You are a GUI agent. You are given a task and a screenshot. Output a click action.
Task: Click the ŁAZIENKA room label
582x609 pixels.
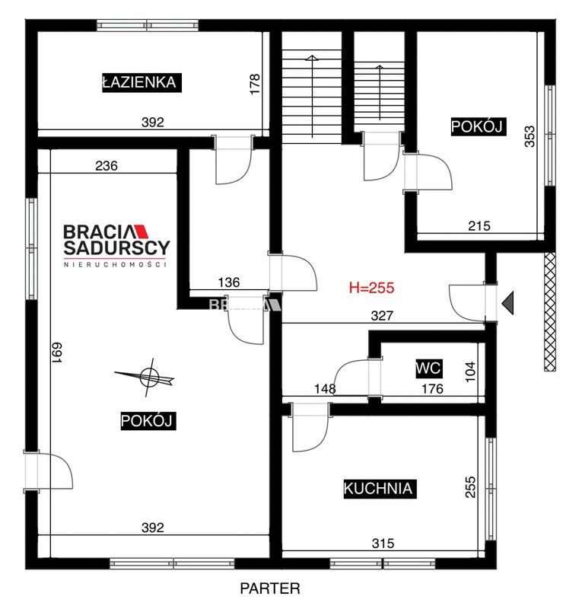(x=142, y=82)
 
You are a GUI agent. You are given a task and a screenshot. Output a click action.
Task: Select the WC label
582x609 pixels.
(x=428, y=368)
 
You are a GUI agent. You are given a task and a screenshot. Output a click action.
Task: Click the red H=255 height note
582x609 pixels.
(x=371, y=288)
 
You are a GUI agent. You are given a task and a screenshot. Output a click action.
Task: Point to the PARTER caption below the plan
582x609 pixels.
(x=270, y=588)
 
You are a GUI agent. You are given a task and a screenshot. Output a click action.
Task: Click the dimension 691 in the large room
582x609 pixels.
(x=57, y=352)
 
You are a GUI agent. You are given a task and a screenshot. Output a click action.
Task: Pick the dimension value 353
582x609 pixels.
(x=530, y=136)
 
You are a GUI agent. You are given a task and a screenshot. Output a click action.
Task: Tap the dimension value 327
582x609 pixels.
(x=382, y=316)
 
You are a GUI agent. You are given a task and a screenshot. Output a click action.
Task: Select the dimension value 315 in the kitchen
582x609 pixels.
(x=383, y=544)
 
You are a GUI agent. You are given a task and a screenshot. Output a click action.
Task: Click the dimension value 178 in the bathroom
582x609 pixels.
(x=255, y=84)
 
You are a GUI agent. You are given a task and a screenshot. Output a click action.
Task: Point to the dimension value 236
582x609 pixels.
(x=107, y=166)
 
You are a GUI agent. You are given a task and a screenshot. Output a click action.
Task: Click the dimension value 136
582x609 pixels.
(x=229, y=282)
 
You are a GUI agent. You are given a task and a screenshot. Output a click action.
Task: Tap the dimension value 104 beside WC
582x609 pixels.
(x=470, y=371)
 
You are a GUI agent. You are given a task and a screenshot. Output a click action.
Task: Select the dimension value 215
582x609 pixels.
(x=479, y=225)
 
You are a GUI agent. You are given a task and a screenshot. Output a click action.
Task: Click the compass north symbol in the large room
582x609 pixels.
(x=145, y=377)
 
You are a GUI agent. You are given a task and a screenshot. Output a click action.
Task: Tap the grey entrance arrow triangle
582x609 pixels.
(x=508, y=302)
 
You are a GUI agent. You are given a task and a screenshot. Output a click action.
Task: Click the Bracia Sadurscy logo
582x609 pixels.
(x=116, y=245)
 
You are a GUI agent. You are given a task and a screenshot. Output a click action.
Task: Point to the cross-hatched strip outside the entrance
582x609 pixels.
(x=550, y=312)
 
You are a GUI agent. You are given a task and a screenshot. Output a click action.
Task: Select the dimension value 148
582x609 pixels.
(x=325, y=388)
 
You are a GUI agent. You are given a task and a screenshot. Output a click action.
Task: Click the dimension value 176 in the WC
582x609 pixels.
(x=432, y=388)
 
